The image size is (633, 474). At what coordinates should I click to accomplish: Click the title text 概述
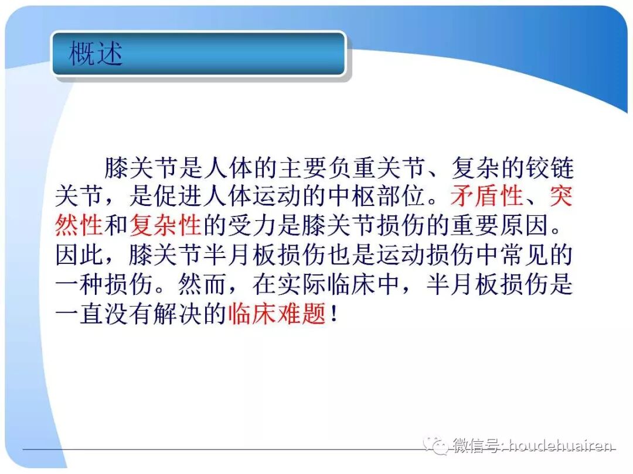click(96, 54)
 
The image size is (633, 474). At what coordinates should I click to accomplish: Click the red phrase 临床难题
click(277, 314)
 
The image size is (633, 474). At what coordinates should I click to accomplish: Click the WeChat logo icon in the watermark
click(437, 446)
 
